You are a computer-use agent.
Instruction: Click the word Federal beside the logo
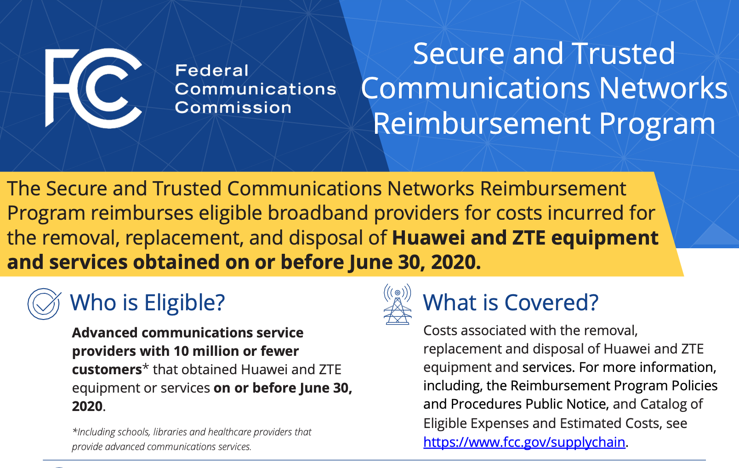[212, 70]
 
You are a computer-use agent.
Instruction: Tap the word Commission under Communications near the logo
[233, 108]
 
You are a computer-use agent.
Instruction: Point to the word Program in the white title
[657, 124]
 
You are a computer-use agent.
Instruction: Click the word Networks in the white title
[663, 88]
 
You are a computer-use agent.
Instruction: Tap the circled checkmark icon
[44, 303]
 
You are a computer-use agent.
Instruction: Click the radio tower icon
[398, 304]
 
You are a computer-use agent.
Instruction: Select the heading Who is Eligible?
[148, 303]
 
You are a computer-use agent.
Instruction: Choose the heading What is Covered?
[511, 303]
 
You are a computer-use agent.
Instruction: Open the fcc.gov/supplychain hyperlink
[524, 442]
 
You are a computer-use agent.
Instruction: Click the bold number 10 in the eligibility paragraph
[181, 351]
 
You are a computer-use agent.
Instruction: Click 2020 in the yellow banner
[455, 263]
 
